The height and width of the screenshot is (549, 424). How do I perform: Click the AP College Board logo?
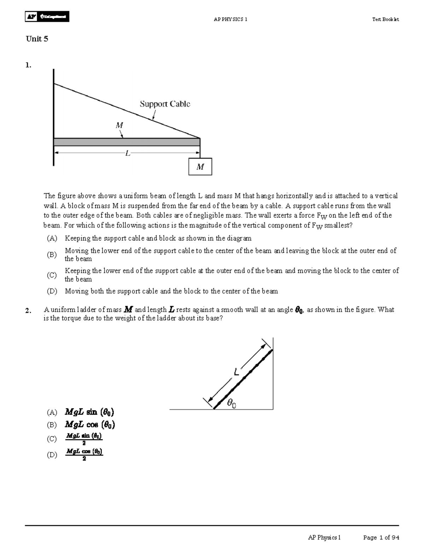pyautogui.click(x=47, y=17)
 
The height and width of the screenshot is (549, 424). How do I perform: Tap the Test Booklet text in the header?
pyautogui.click(x=385, y=19)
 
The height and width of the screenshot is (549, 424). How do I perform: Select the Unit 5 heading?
pyautogui.click(x=37, y=39)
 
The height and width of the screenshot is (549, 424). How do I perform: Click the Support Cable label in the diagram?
pyautogui.click(x=165, y=104)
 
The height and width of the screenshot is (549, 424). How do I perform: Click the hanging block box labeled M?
pyautogui.click(x=200, y=167)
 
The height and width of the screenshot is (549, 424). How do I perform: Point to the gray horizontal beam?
pyautogui.click(x=126, y=142)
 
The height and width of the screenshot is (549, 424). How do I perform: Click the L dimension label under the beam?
pyautogui.click(x=128, y=153)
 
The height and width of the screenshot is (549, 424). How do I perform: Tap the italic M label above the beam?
pyautogui.click(x=119, y=125)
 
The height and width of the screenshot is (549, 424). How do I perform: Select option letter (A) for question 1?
pyautogui.click(x=52, y=238)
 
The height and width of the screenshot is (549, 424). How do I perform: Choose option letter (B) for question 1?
pyautogui.click(x=52, y=255)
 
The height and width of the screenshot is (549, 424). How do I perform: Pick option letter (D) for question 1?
pyautogui.click(x=52, y=291)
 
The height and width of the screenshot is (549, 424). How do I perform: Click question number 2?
pyautogui.click(x=28, y=311)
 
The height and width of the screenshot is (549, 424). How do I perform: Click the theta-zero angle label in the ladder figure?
pyautogui.click(x=231, y=403)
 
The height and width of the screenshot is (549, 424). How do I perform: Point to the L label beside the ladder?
pyautogui.click(x=236, y=372)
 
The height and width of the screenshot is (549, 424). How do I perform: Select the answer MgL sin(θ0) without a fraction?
pyautogui.click(x=89, y=412)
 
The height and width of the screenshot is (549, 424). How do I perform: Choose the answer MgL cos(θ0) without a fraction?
pyautogui.click(x=90, y=425)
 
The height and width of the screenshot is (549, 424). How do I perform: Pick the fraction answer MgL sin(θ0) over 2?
pyautogui.click(x=84, y=439)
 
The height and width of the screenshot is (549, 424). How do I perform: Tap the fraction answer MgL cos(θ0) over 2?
pyautogui.click(x=84, y=455)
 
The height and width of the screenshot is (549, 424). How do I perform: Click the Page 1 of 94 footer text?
pyautogui.click(x=381, y=538)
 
